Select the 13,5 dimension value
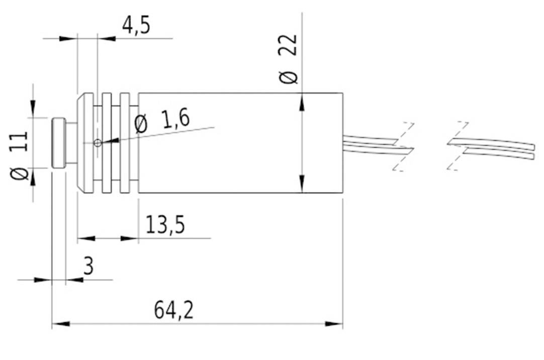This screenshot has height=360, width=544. pos(165,225)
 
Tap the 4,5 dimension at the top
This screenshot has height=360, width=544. pos(136,25)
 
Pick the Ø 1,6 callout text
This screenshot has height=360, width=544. pos(162,122)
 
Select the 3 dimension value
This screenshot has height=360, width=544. pos(88,266)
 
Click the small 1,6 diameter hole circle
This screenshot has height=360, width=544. pos(98,143)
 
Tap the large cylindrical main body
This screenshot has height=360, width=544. pos(240,143)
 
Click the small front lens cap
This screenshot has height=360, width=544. pos(58,143)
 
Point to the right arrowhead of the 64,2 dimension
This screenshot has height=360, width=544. pos(335,324)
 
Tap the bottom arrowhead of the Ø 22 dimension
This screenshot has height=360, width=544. pos(302,185)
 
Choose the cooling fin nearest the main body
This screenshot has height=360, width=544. pos(125,143)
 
